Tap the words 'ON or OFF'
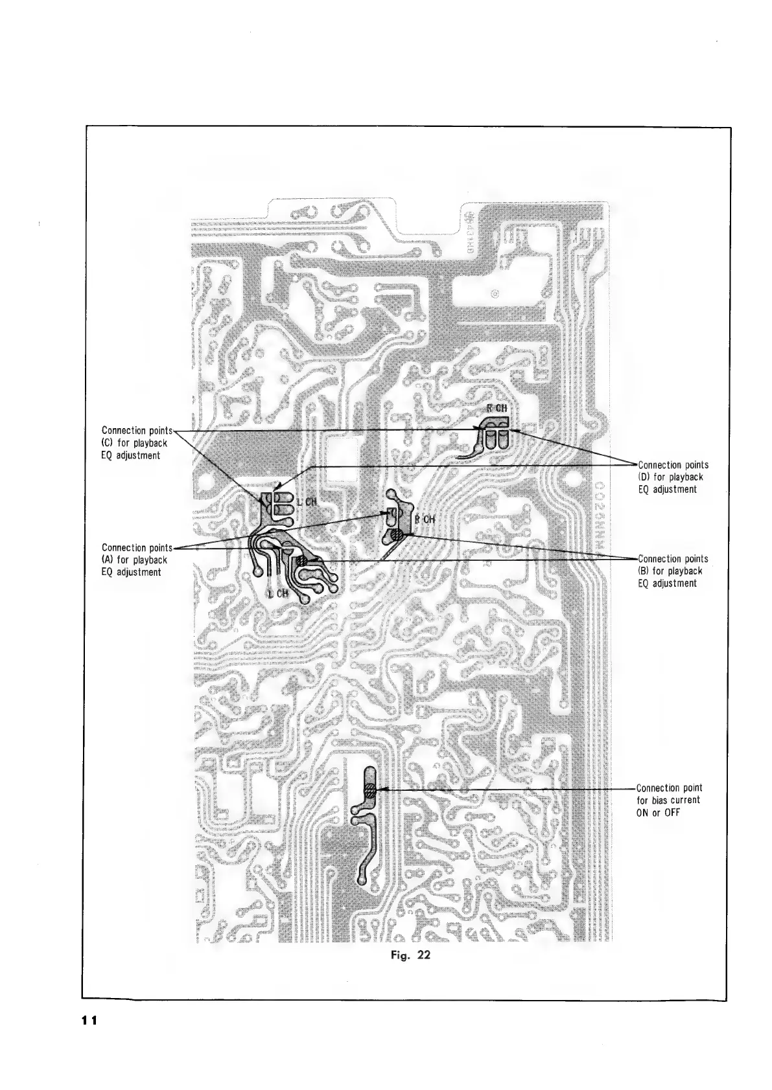click(658, 813)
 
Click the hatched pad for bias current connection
click(369, 790)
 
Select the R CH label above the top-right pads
click(497, 409)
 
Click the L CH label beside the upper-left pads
click(305, 503)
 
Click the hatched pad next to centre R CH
click(397, 535)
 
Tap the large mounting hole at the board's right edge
click(572, 479)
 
